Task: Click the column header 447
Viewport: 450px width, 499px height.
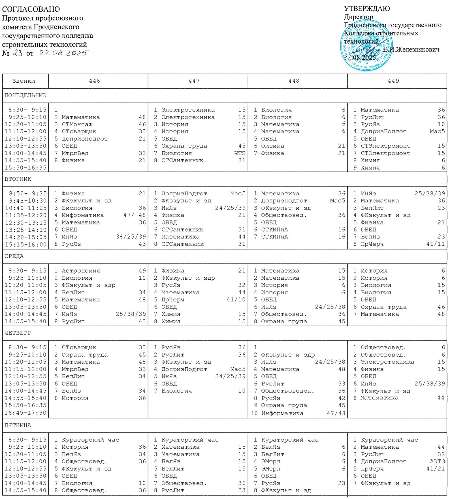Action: click(x=194, y=81)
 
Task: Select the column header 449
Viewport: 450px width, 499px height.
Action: click(x=393, y=81)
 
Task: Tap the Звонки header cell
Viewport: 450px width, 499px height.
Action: click(x=24, y=81)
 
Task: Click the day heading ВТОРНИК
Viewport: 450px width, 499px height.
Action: click(x=18, y=179)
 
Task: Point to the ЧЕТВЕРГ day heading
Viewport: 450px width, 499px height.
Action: click(x=18, y=333)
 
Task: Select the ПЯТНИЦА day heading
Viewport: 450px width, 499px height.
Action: click(x=18, y=425)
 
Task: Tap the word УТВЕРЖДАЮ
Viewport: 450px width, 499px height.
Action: click(x=367, y=9)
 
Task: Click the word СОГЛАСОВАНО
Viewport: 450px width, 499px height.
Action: click(x=31, y=9)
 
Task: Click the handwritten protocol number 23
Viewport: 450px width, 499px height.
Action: click(x=18, y=53)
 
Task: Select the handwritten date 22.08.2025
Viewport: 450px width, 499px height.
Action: click(x=64, y=53)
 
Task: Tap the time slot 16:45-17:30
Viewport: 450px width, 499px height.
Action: click(x=25, y=413)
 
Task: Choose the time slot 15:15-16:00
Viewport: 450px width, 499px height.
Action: click(x=25, y=244)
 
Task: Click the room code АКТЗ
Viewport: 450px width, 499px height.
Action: click(x=437, y=461)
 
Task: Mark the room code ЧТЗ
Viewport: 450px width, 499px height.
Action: click(x=240, y=153)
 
